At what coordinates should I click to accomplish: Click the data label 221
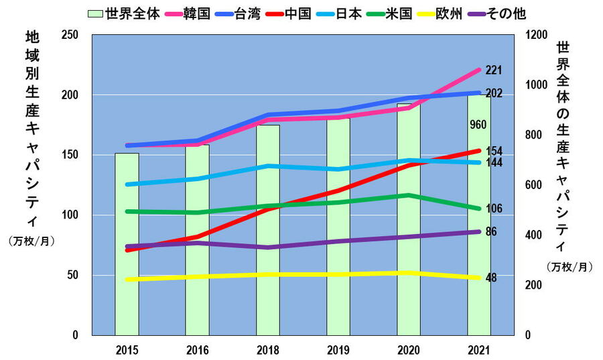coord(494,70)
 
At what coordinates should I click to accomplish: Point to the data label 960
coord(478,125)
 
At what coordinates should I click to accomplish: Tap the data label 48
coord(491,278)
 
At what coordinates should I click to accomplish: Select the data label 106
coord(494,208)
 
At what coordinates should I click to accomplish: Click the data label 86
coord(491,232)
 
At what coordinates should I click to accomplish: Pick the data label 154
coord(494,151)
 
